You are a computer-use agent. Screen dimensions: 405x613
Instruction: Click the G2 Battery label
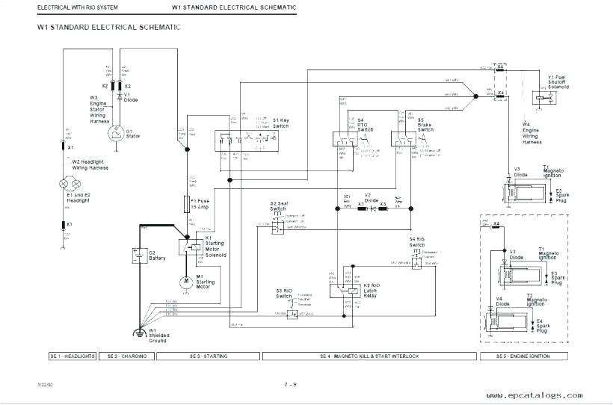click(157, 256)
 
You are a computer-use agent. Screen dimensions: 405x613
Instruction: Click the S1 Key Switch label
click(281, 123)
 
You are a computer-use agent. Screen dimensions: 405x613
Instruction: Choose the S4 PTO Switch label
click(365, 125)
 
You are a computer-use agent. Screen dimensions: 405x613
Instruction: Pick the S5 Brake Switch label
click(425, 125)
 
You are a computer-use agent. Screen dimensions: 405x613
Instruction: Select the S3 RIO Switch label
click(283, 293)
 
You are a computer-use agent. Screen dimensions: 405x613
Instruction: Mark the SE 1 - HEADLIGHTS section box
click(72, 356)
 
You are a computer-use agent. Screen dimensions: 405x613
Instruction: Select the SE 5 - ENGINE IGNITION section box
click(523, 356)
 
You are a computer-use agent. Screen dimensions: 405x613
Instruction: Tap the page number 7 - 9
click(290, 384)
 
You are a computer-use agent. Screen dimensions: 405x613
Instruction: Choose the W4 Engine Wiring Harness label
click(531, 133)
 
